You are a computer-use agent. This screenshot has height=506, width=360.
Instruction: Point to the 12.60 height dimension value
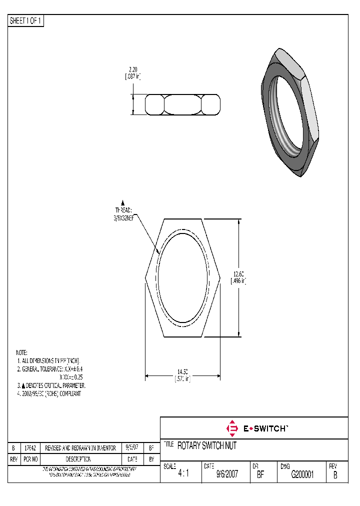coord(239,273)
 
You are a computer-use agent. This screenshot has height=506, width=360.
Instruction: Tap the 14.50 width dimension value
coord(182,371)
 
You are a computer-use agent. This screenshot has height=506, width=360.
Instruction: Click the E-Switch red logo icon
coord(231,428)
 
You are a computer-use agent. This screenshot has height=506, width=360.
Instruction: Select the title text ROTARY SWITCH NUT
coord(206,446)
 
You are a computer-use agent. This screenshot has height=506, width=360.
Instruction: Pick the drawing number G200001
coord(302,475)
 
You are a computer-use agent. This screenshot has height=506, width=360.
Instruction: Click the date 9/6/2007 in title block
coord(226,475)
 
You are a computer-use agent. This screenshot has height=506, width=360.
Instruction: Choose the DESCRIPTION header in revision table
coord(78,459)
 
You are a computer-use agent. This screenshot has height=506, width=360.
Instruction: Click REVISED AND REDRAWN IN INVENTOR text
coord(80,448)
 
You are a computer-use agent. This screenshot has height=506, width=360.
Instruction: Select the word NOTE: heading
coord(21,352)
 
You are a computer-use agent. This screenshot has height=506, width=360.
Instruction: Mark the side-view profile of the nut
coord(183,104)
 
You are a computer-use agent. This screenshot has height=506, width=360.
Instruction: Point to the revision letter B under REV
coord(335,475)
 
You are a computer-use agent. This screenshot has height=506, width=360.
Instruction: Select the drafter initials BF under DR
coord(260,475)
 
